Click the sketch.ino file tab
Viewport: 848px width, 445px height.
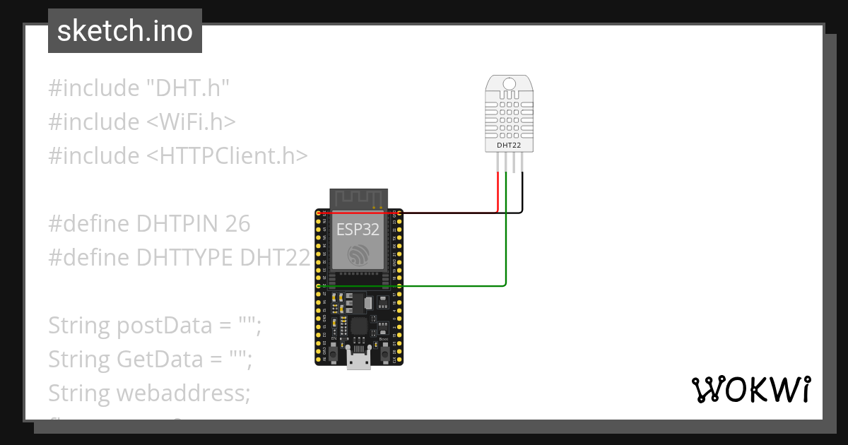[125, 31]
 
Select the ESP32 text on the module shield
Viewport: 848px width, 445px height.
[357, 230]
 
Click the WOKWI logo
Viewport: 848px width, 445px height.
[750, 390]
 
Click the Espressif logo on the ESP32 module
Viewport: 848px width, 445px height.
[358, 254]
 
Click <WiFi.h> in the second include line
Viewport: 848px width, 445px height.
[190, 122]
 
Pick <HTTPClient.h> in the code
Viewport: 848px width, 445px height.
[227, 156]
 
